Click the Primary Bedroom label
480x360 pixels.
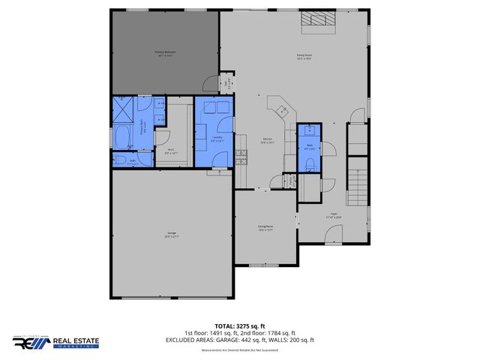165,53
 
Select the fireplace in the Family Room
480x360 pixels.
313,20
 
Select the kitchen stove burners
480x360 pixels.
241,157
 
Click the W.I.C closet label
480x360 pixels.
170,151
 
